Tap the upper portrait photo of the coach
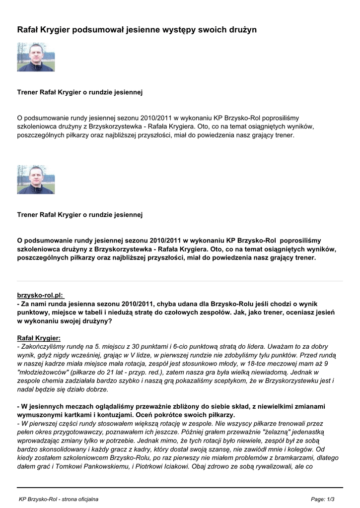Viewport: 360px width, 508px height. pos(36,57)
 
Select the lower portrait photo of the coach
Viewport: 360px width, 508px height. pos(36,179)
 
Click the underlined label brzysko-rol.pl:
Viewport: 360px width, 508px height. pos(41,295)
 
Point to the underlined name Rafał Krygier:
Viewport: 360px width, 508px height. pos(39,337)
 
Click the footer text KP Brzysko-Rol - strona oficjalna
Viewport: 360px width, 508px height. pos(59,499)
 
